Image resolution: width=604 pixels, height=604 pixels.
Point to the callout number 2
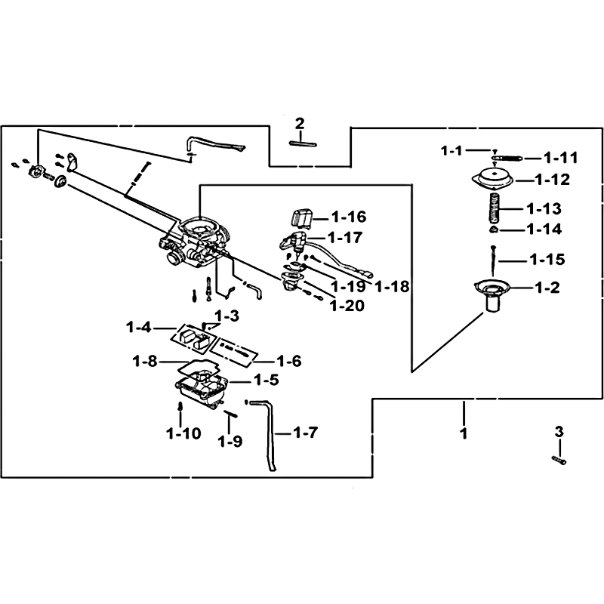[300, 123]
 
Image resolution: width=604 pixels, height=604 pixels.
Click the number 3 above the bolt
[559, 432]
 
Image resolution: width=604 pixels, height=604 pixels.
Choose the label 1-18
[391, 286]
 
